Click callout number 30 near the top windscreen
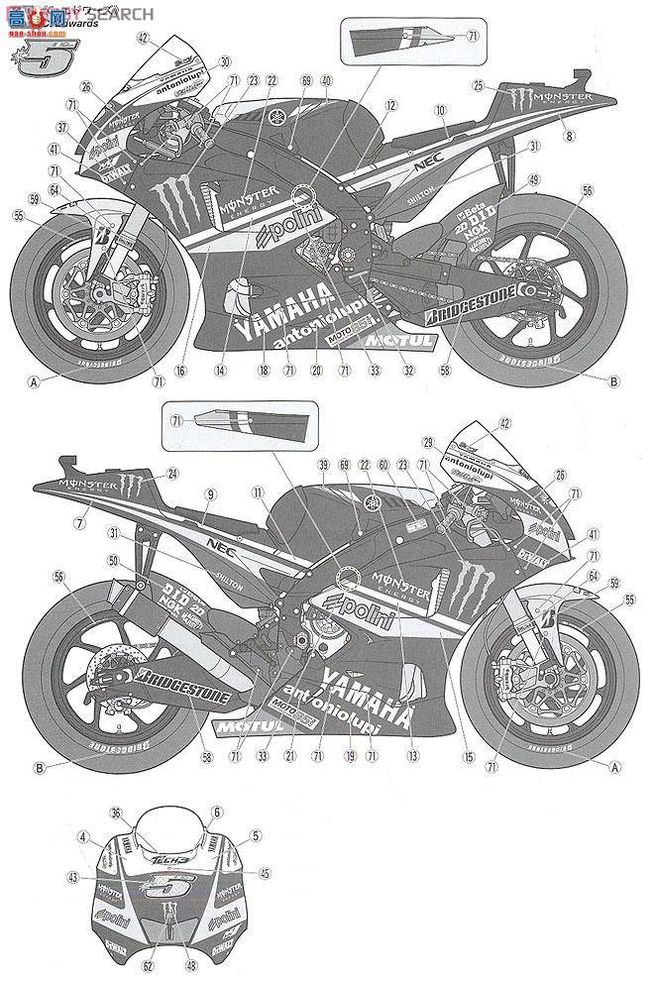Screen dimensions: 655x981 point(224,60)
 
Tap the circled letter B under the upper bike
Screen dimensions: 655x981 point(612,381)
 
